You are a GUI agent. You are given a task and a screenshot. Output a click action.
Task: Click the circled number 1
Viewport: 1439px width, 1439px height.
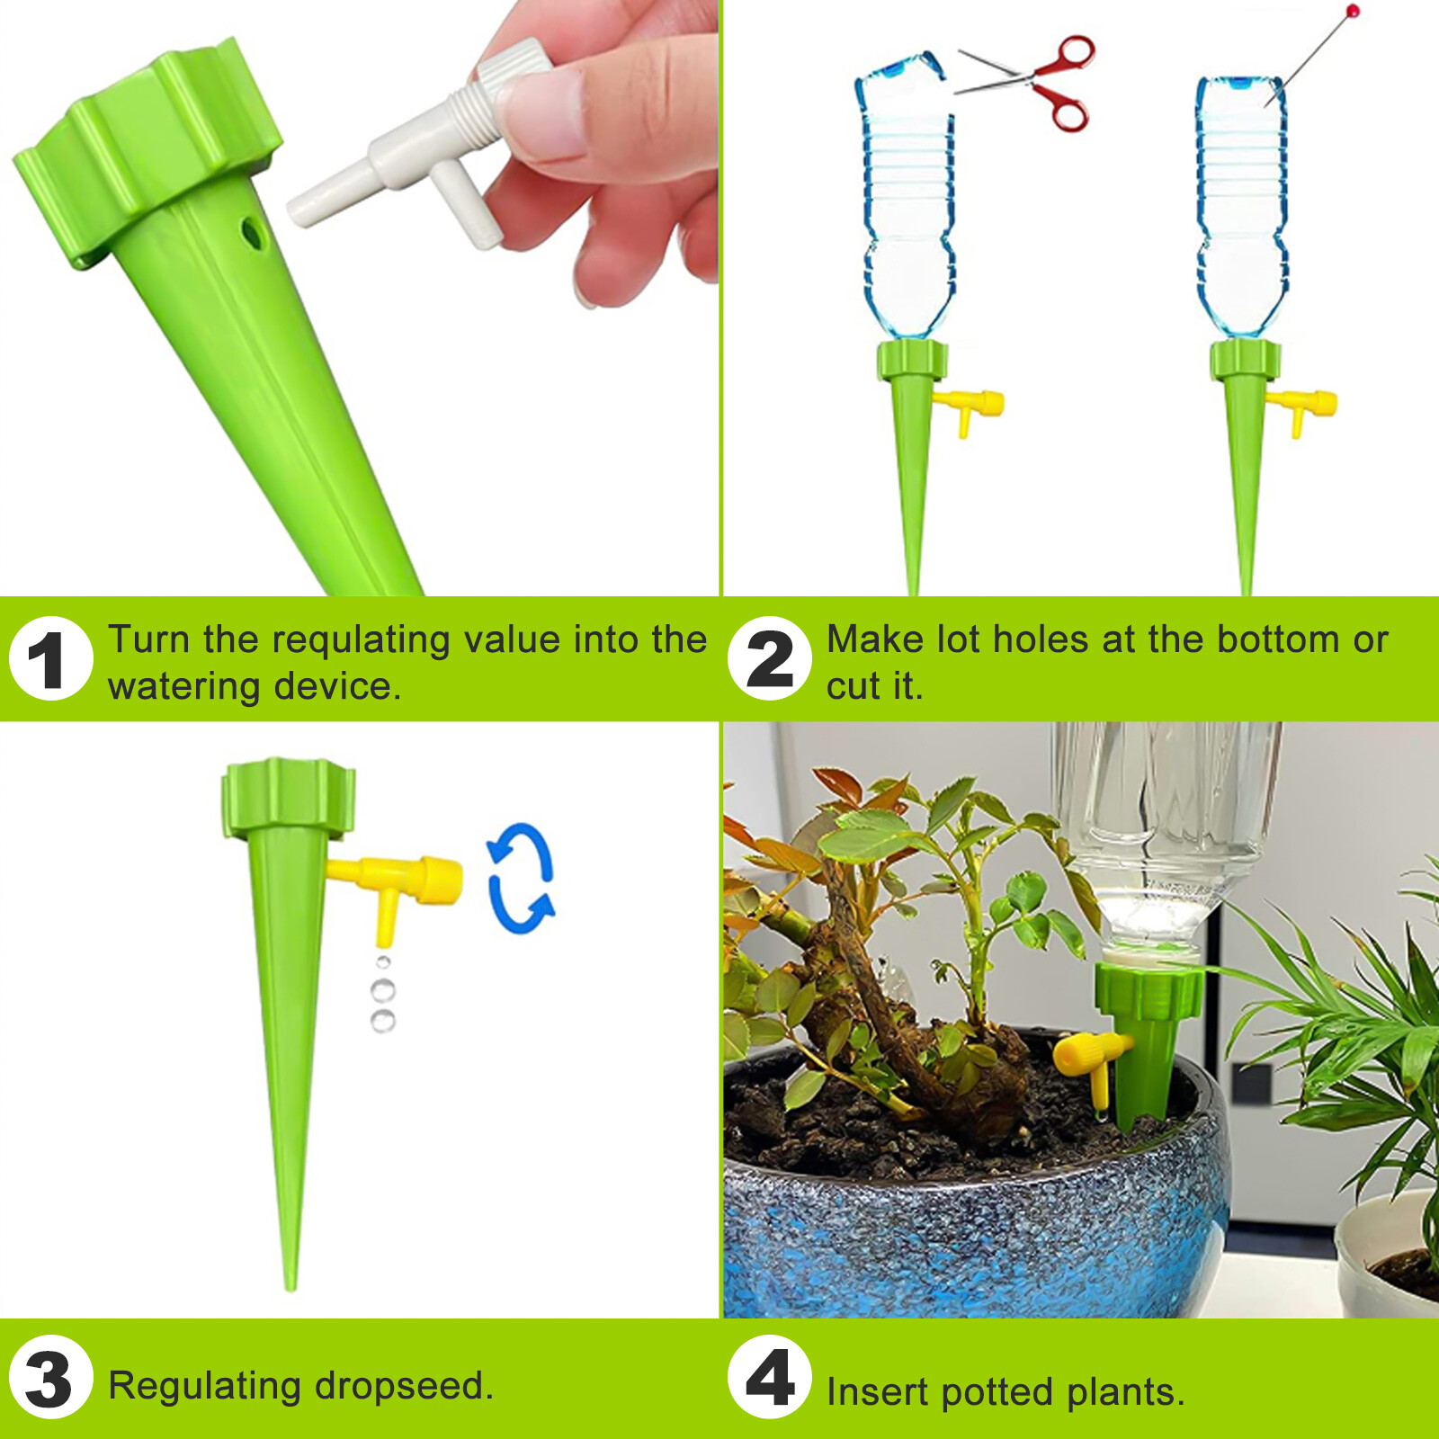tap(50, 659)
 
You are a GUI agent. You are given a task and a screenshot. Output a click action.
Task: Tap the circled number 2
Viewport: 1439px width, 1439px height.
tap(770, 659)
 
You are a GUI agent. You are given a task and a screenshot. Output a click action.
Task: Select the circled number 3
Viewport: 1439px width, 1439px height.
tap(50, 1378)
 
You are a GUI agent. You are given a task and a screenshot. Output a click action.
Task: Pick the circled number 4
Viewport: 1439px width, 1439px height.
tap(770, 1378)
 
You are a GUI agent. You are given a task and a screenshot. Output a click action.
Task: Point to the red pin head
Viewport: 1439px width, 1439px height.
tap(1353, 11)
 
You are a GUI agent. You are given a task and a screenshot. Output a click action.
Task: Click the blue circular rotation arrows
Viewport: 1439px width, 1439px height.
tap(520, 879)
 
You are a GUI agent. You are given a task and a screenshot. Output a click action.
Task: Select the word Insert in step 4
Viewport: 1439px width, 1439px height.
tap(878, 1391)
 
